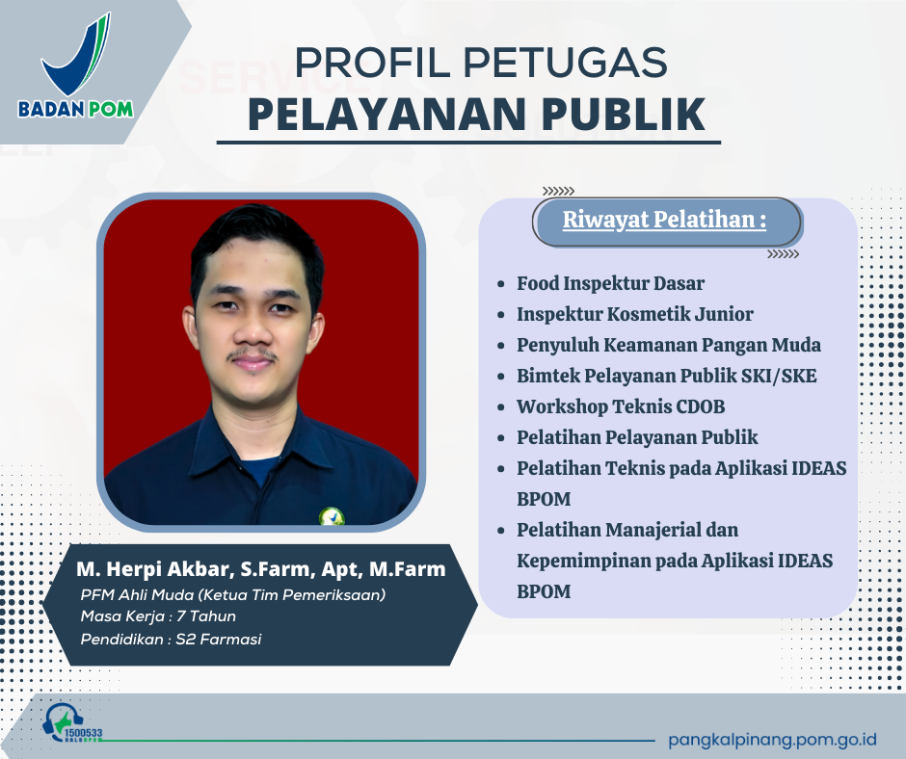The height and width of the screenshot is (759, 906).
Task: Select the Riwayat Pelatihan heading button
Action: coord(665,221)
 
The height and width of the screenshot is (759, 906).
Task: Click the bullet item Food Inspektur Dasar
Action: coord(610,283)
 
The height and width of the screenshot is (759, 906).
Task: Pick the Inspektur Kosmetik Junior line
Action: coord(634,314)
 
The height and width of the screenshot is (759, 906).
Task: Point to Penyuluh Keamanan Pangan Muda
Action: coord(669,345)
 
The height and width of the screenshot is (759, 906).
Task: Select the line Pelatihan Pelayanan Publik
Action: coord(637,437)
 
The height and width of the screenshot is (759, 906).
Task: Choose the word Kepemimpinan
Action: coord(579,561)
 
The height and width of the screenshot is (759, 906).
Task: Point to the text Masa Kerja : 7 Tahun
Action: coord(158,616)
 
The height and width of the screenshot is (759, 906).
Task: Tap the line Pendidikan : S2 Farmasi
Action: coord(172,640)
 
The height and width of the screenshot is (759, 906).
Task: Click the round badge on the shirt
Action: coord(333,515)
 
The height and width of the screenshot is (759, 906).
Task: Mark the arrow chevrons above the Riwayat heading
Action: coord(559,191)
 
